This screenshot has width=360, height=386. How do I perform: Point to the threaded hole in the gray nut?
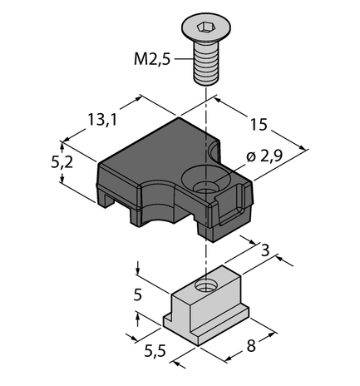point(205,289)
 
